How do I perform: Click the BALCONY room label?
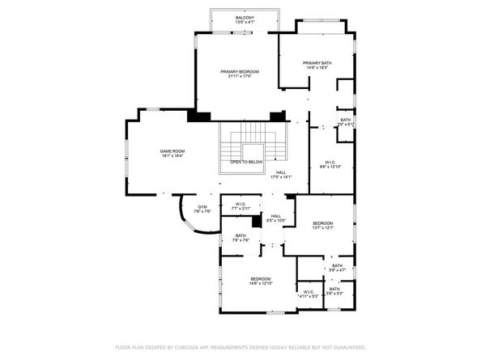click(x=245, y=17)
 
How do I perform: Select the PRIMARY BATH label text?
click(x=317, y=62)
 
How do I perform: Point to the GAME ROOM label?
click(x=172, y=151)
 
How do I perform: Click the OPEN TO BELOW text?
click(x=246, y=162)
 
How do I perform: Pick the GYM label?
click(x=203, y=206)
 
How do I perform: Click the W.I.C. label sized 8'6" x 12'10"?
click(x=330, y=161)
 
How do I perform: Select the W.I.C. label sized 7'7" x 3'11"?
click(x=240, y=203)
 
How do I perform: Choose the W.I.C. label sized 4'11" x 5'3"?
click(x=308, y=291)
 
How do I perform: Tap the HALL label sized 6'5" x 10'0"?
click(x=276, y=215)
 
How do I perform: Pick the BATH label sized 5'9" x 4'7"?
click(x=337, y=265)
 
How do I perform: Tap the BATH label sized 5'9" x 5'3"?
click(x=335, y=289)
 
